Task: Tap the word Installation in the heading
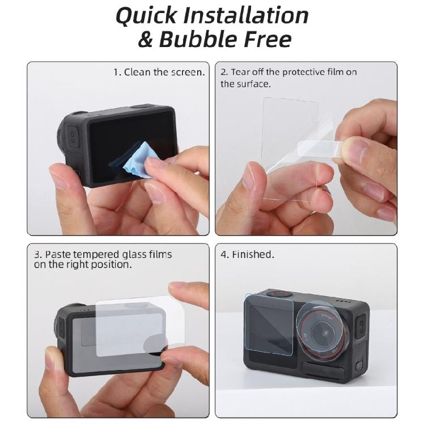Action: coord(253,15)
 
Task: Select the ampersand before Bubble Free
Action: coord(146,40)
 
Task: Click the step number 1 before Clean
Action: coord(116,72)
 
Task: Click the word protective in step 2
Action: coord(307,72)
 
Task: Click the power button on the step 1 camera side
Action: coord(73,135)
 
